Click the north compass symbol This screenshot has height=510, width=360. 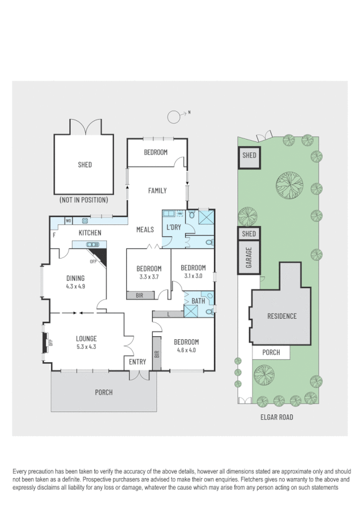coord(175,115)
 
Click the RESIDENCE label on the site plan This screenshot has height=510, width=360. coord(282,316)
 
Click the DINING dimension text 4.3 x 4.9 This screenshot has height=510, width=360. coord(75,286)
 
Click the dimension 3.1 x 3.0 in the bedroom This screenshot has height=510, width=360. coord(193,276)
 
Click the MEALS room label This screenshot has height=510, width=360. coord(145,229)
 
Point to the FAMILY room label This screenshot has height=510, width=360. coord(157,191)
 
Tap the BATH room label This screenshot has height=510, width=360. coord(199,301)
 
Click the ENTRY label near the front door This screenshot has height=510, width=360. coord(138,361)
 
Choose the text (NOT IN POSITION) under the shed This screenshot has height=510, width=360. coord(84,200)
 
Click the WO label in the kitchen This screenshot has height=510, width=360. coord(69,220)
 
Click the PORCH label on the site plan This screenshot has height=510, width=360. coord(270,352)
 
